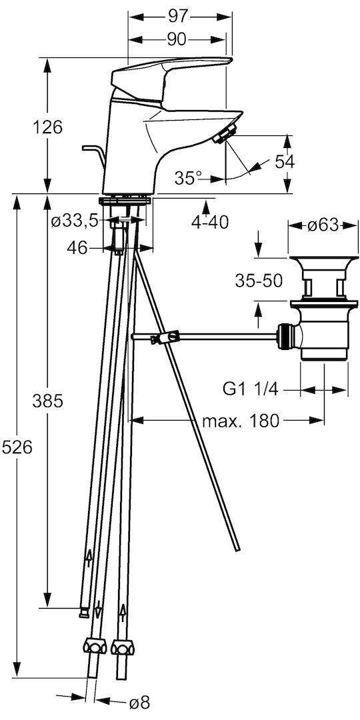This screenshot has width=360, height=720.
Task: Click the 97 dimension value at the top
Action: coord(179,17)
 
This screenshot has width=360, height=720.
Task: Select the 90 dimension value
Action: coord(176,40)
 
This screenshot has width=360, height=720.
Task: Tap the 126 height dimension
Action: coord(47,127)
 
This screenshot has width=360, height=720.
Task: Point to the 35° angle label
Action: coord(188,178)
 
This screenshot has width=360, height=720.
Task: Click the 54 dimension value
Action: coord(285,161)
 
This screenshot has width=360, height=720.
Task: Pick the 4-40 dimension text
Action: coord(210,222)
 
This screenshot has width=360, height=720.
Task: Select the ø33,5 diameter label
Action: coord(75,222)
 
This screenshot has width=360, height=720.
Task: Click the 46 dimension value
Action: coord(77,248)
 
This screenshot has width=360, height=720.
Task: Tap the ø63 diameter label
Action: coord(323,225)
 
